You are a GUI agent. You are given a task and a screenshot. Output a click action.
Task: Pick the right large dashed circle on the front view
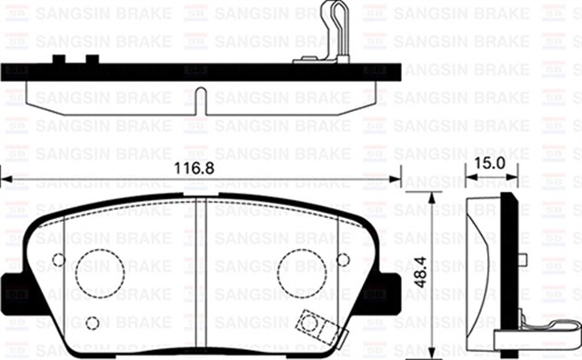[x=301, y=271]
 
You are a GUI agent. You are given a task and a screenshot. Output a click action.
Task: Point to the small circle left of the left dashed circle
[x=58, y=260]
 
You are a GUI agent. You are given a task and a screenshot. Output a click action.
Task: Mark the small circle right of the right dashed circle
[x=341, y=260]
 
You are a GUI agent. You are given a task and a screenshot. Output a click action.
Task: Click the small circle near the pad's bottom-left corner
[x=92, y=323]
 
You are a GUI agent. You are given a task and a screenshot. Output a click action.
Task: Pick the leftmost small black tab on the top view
[x=60, y=59]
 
